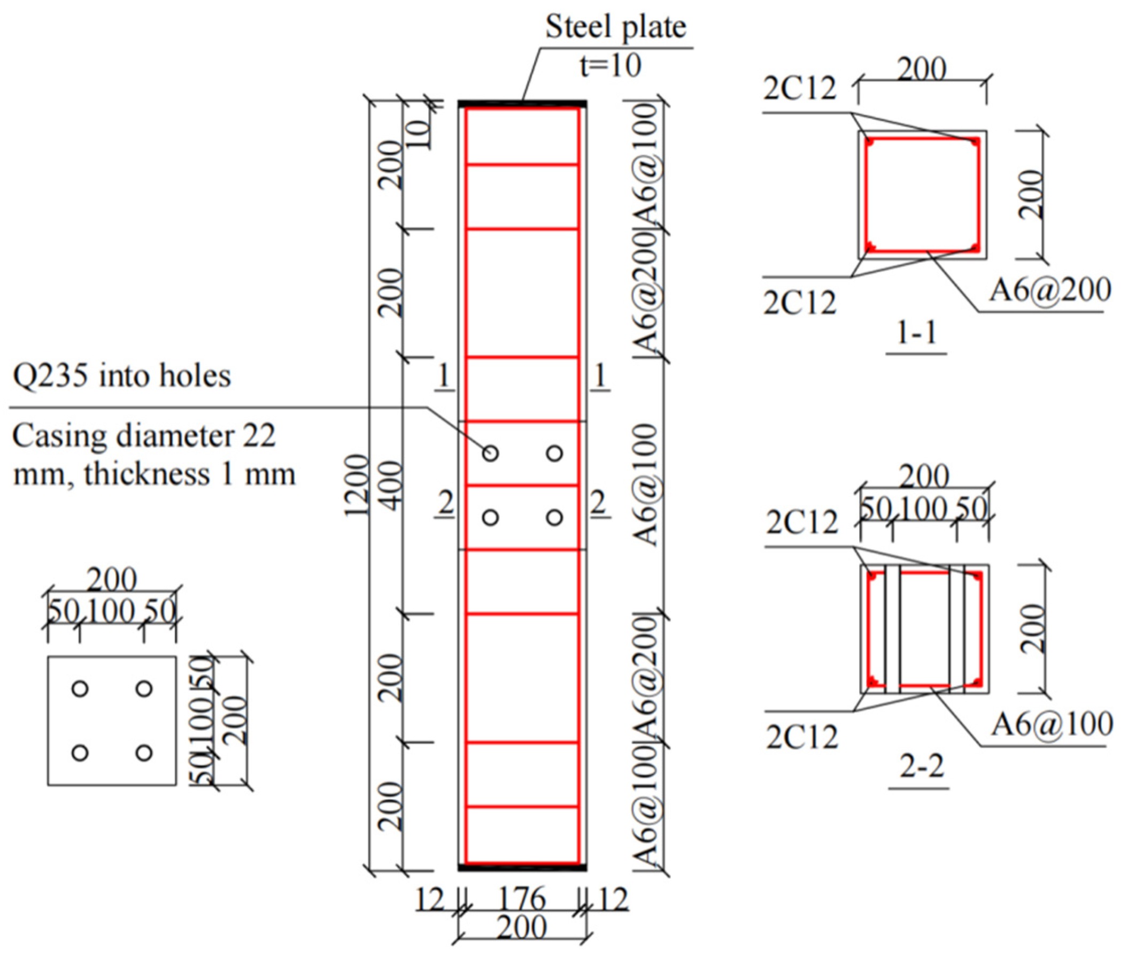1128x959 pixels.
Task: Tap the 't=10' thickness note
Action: tap(609, 65)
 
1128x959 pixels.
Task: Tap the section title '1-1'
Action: tap(916, 333)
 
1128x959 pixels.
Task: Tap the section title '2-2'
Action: tap(922, 766)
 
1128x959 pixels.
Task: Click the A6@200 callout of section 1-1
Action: tap(1049, 289)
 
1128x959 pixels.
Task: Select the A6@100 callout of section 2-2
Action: tap(1052, 724)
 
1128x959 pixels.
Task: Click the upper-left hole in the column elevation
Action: tap(490, 453)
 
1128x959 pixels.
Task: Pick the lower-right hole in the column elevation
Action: tap(554, 517)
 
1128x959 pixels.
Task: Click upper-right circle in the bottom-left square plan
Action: tap(144, 689)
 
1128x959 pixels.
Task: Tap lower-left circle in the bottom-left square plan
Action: tap(80, 753)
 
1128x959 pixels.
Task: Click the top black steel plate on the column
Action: tap(522, 103)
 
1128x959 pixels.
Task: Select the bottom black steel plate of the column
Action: tap(522, 868)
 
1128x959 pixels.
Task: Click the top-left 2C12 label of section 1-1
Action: tap(799, 88)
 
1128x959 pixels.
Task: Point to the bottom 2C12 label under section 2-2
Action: tap(802, 738)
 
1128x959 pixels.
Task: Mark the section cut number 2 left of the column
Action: tap(445, 503)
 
